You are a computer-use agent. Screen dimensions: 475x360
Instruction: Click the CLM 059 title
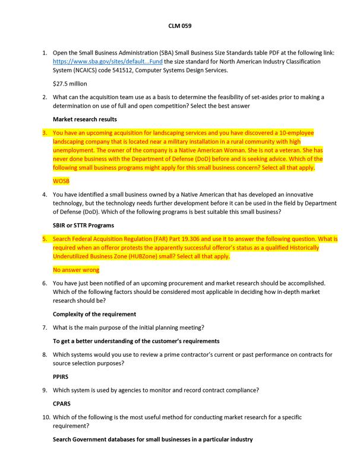pos(179,26)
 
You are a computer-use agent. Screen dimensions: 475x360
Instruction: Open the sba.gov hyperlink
pos(108,61)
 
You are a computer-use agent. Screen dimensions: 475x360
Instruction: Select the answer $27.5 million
pos(70,84)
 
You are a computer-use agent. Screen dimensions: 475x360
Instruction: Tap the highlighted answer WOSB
pos(61,179)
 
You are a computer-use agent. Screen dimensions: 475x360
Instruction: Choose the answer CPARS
pos(62,403)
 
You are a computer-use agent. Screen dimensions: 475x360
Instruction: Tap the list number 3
pos(45,132)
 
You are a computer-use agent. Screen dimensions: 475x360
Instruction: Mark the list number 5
pos(45,239)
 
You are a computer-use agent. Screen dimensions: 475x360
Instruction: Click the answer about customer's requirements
pos(128,341)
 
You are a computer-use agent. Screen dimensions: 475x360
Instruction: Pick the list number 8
pos(45,354)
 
